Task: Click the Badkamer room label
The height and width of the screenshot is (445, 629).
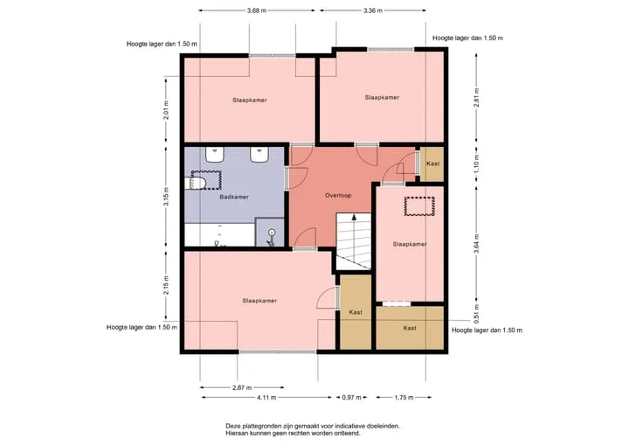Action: coord(234,197)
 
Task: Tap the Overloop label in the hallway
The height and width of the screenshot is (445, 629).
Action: coord(338,196)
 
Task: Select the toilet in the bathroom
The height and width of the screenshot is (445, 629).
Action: coord(196,183)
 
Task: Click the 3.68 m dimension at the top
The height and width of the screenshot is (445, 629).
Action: coord(257,10)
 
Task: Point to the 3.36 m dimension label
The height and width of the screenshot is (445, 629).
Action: coord(373,10)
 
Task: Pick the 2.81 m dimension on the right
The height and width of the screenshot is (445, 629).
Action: coord(476,98)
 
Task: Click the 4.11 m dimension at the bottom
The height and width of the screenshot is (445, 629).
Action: coord(266,398)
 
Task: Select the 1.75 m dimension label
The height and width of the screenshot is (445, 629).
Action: coord(404,398)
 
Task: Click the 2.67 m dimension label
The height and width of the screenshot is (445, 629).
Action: coord(242,387)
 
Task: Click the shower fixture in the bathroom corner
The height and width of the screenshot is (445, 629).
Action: coord(271,237)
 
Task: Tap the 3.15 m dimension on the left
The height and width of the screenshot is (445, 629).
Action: coord(166,197)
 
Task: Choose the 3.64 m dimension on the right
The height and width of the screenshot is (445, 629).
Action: coord(476,244)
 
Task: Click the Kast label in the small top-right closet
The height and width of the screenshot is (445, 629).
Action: coord(432,163)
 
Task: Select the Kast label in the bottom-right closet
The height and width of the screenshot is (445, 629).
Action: coord(410,328)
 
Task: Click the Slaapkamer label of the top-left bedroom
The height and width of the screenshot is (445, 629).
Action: coord(250,100)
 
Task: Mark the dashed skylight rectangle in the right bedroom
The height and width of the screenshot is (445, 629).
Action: coord(419,206)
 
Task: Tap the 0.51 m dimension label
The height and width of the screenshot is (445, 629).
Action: coord(476,314)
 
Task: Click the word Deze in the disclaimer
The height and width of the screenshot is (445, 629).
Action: coord(232,426)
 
